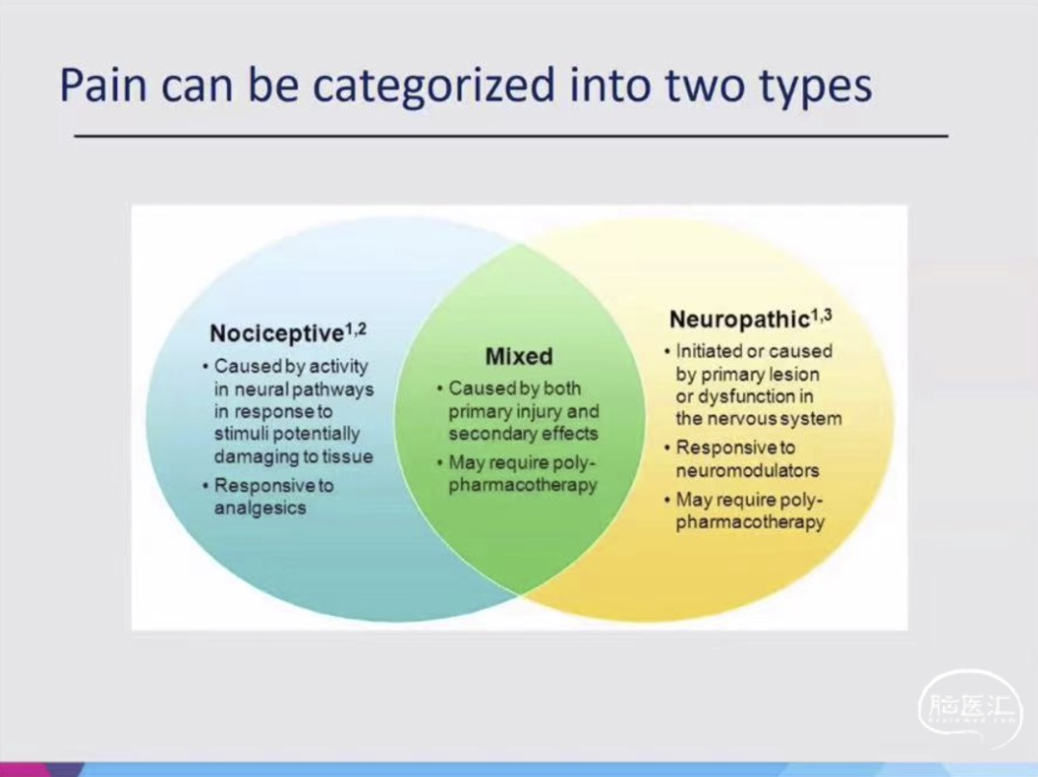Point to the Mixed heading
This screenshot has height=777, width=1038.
tap(519, 356)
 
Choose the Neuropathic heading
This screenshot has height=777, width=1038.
tap(739, 320)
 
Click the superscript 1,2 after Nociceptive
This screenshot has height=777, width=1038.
tap(356, 328)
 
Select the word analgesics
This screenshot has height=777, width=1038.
tap(260, 508)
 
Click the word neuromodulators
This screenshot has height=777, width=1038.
tap(748, 471)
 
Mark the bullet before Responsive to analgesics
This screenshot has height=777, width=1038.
tap(206, 486)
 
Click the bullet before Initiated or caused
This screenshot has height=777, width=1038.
tap(667, 352)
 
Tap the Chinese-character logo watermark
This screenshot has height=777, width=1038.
tap(969, 708)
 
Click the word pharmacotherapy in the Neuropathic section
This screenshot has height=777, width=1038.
tap(750, 522)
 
